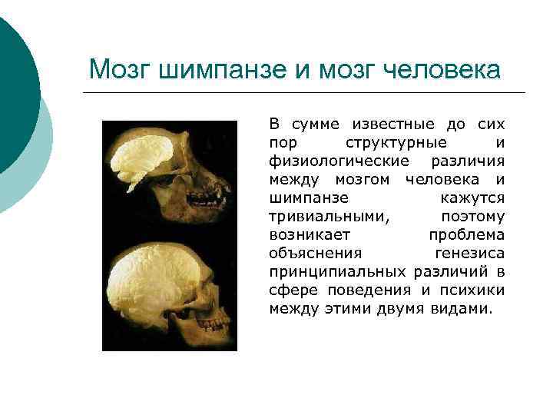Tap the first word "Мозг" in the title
119,70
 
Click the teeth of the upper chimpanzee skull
220,188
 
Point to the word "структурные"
396,143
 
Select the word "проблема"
466,235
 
